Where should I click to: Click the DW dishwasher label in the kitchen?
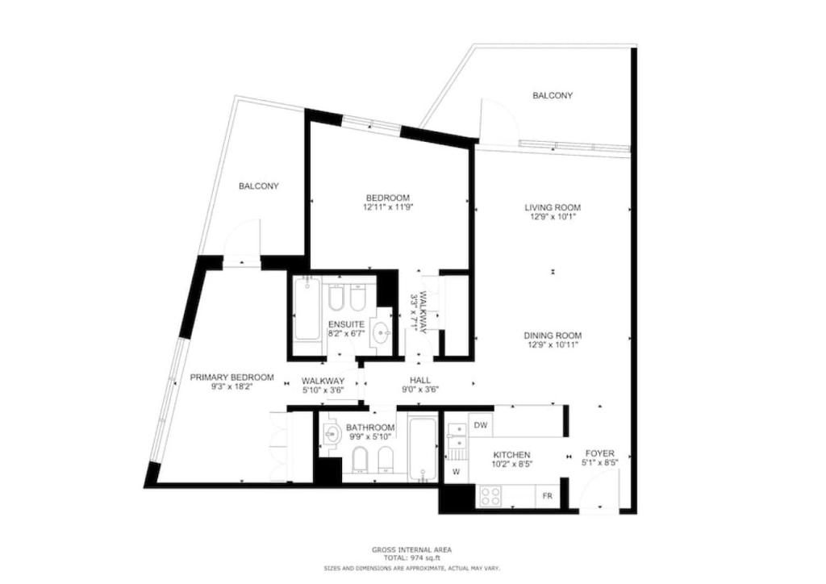(480, 424)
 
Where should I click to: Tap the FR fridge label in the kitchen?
(548, 495)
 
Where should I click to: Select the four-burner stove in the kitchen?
(490, 496)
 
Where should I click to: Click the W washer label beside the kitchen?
(457, 472)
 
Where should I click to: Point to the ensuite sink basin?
(381, 332)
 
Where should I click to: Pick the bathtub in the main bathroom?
(423, 448)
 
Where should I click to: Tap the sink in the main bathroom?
(332, 435)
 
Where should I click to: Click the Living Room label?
(553, 207)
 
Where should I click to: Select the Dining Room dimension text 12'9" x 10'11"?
(553, 345)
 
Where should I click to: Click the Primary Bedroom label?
(232, 377)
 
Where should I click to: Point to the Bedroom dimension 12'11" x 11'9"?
(388, 207)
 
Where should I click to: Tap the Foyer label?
(599, 453)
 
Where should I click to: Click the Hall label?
(420, 380)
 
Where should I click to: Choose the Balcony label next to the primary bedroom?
(259, 186)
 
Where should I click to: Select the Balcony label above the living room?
(553, 95)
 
